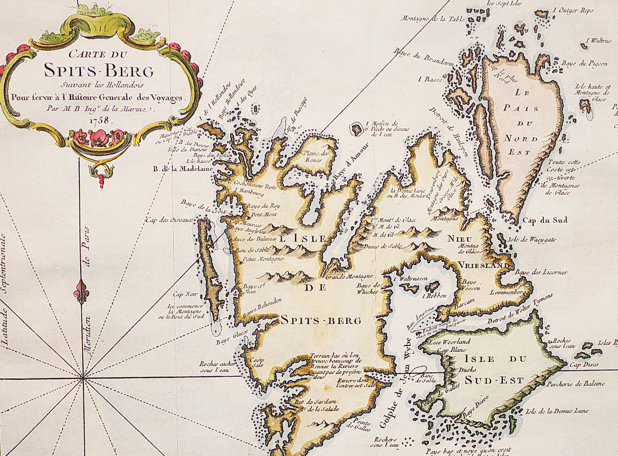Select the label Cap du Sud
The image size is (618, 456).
(x=545, y=220)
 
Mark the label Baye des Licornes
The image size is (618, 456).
(x=540, y=272)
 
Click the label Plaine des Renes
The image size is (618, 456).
(x=317, y=156)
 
